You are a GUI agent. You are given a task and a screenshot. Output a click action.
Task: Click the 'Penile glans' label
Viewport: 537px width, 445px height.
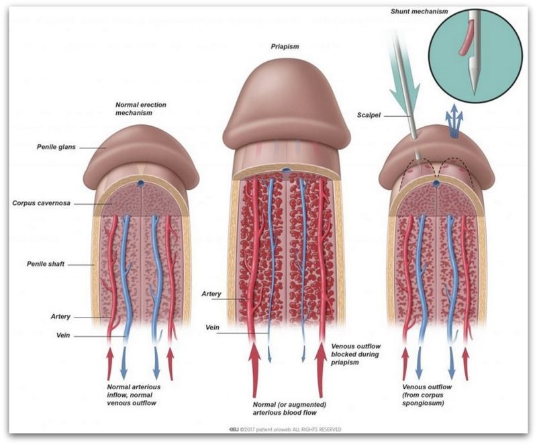point(56,147)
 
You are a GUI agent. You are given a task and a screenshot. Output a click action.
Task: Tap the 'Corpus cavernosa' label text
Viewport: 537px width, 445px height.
point(41,203)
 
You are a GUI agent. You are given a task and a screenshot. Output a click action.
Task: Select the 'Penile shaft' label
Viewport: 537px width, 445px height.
point(46,264)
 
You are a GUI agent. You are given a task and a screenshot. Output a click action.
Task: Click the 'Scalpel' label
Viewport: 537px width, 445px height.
point(369,115)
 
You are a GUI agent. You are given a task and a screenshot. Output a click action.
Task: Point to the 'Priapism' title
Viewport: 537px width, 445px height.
point(285,46)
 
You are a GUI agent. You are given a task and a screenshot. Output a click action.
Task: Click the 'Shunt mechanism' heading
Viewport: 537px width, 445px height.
point(419,11)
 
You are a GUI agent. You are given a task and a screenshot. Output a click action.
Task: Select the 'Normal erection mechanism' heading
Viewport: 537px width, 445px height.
point(140,109)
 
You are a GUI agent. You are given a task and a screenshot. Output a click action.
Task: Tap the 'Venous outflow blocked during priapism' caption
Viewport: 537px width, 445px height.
point(356,354)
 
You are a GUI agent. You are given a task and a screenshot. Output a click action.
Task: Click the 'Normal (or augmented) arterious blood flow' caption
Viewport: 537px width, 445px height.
point(289,408)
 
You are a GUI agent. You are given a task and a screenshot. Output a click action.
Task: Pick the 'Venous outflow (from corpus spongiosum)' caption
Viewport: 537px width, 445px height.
point(427,395)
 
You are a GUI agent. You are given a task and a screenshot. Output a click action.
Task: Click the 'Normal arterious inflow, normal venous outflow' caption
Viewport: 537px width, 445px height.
point(134,395)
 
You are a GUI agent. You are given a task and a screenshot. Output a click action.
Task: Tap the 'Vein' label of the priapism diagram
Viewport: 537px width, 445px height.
point(212,328)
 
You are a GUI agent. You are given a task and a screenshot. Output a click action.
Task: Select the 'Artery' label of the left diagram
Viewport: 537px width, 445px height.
point(60,317)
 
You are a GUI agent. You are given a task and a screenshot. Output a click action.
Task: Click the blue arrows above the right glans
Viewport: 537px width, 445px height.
point(454,121)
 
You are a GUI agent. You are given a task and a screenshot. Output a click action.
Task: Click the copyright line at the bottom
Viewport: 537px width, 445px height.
point(285,430)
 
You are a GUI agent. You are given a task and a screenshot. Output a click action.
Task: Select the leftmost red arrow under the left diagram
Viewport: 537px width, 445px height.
point(110,364)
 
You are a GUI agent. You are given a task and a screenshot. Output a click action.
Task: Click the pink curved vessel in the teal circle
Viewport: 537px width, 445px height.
point(466,38)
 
